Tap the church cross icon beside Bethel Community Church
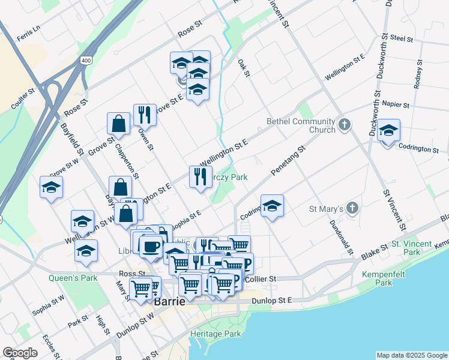tap(344, 125)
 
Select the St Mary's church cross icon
tap(352, 208)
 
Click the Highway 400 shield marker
tap(86, 61)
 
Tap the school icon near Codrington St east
tap(388, 131)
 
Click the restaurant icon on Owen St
tap(144, 114)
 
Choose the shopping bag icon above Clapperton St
tap(119, 124)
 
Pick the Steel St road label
tap(402, 38)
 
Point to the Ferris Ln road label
tap(28, 32)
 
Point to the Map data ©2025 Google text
tap(411, 355)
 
